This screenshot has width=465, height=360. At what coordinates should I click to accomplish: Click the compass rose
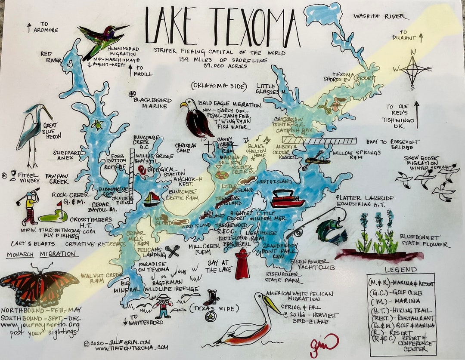pos(413,69)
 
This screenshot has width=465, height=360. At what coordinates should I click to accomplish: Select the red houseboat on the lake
pos(286,198)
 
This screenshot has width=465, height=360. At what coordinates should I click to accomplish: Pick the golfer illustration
pos(29,206)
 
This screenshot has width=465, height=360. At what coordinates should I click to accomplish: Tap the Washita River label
pos(379,16)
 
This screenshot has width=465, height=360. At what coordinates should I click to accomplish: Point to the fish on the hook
pos(331,230)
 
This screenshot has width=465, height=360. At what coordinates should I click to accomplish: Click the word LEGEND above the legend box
pos(401,270)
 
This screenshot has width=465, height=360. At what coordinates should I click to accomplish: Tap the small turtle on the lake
pos(97,125)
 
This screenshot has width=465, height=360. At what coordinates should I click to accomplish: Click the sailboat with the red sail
pos(152,199)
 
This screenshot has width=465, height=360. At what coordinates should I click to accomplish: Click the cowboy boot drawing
pos(212,297)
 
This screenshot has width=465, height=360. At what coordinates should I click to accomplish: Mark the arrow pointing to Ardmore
pos(29,28)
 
